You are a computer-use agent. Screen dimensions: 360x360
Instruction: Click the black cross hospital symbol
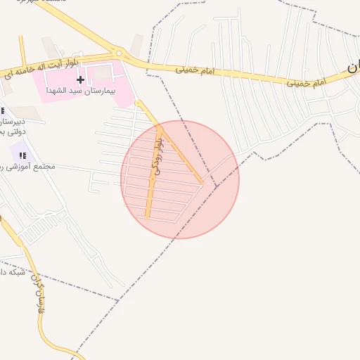click(80, 79)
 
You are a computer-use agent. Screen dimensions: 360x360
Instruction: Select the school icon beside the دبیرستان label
click(2, 110)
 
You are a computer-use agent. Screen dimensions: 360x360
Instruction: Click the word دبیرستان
click(13, 121)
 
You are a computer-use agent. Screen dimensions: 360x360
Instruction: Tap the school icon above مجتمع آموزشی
click(22, 155)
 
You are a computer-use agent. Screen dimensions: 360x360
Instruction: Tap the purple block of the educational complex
click(20, 149)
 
